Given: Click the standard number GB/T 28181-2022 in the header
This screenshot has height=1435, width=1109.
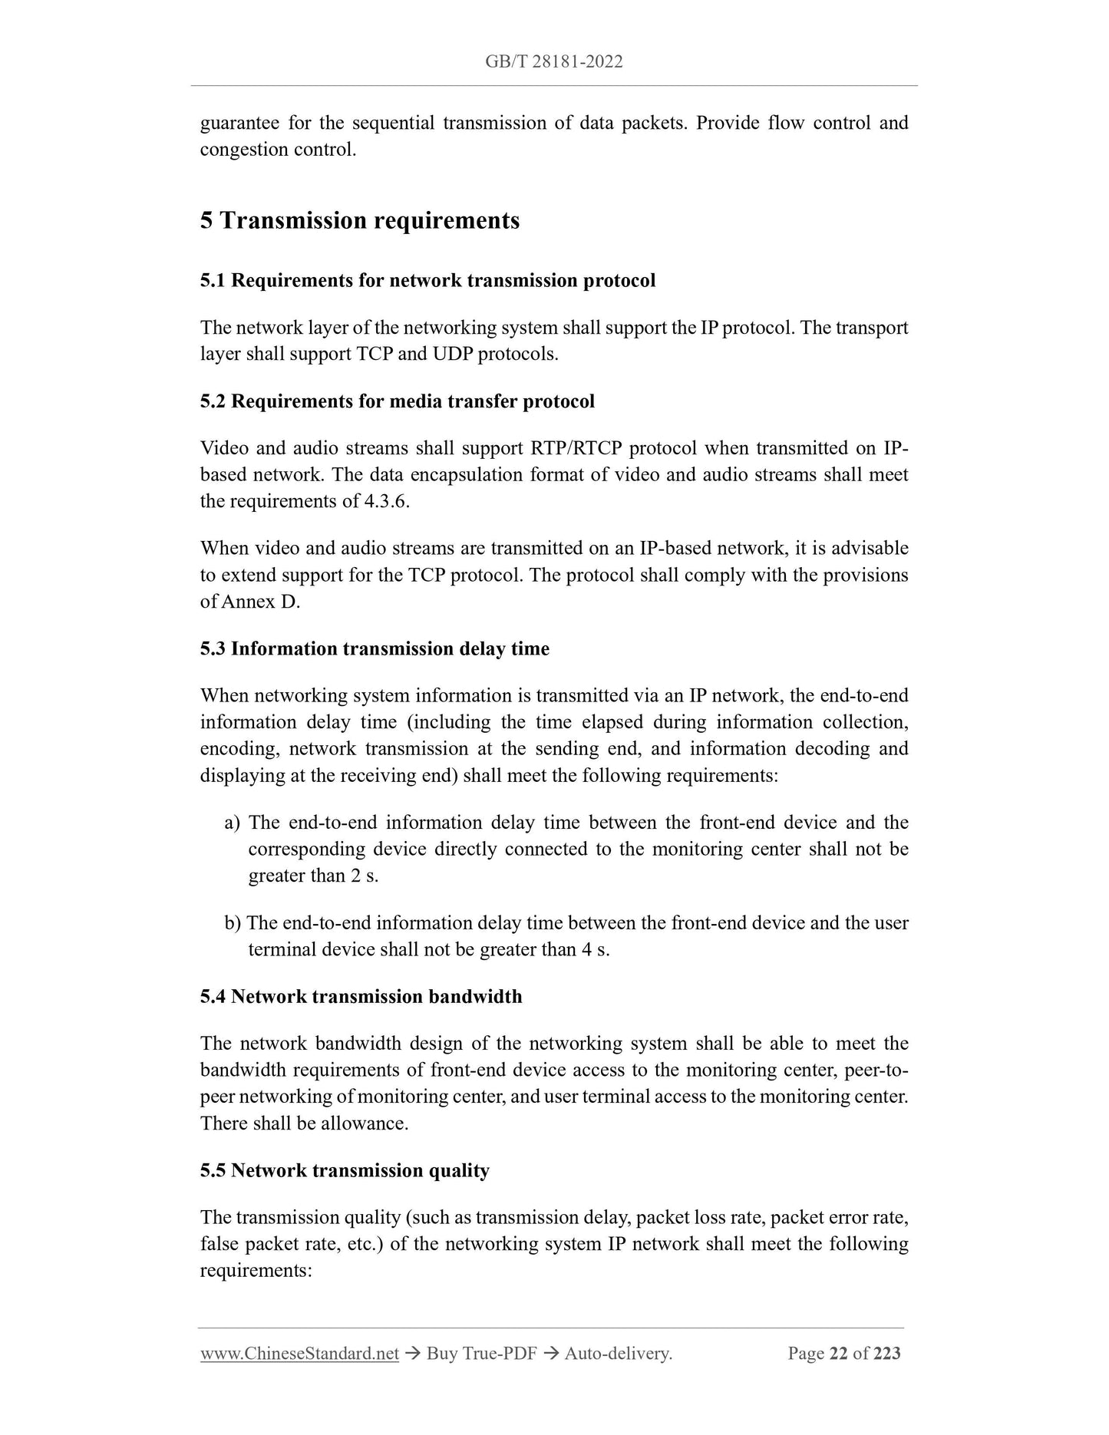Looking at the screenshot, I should tap(553, 62).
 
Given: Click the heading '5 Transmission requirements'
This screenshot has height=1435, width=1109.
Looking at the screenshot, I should tap(359, 221).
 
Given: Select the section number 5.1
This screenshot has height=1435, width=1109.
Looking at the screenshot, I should tap(213, 281).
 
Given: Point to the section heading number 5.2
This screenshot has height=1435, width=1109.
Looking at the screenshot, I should tap(213, 401).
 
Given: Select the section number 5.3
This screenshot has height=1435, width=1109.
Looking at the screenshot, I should tap(213, 649).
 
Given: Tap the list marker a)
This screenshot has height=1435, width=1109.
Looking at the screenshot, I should tap(233, 823).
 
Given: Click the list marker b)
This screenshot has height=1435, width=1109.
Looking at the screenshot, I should tap(233, 923).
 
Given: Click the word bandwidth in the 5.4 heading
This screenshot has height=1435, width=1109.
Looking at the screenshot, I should tap(475, 997).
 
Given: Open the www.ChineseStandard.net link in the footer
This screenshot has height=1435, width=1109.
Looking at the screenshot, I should tap(299, 1354).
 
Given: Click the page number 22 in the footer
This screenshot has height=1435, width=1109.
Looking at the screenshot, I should tap(838, 1354).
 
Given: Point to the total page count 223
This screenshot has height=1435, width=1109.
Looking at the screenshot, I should tap(886, 1354).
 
